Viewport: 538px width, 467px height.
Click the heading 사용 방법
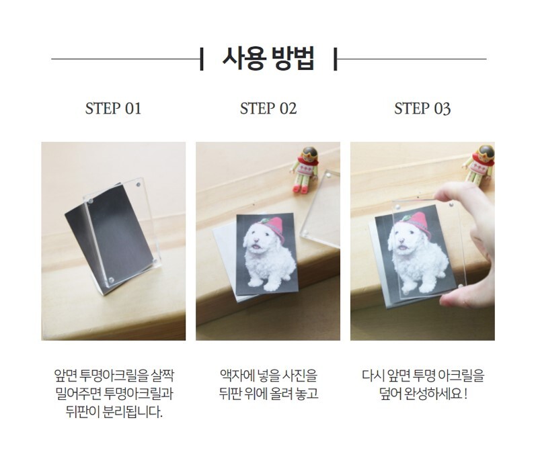(x=268, y=59)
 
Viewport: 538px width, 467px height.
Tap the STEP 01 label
(x=113, y=108)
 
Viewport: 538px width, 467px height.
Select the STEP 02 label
(x=268, y=108)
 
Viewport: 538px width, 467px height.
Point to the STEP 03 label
(x=422, y=108)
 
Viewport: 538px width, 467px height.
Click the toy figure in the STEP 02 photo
(x=305, y=170)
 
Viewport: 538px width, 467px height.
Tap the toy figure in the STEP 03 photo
(x=479, y=165)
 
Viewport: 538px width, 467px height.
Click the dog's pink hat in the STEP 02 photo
(x=273, y=228)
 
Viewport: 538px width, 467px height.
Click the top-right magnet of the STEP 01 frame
(x=139, y=185)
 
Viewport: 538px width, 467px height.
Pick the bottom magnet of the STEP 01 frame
(x=111, y=280)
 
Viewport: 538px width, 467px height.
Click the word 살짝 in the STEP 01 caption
(x=162, y=376)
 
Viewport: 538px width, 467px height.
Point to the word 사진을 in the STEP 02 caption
(x=299, y=376)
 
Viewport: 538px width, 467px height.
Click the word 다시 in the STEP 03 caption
(x=373, y=376)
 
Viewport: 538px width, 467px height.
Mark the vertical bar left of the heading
(x=201, y=59)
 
